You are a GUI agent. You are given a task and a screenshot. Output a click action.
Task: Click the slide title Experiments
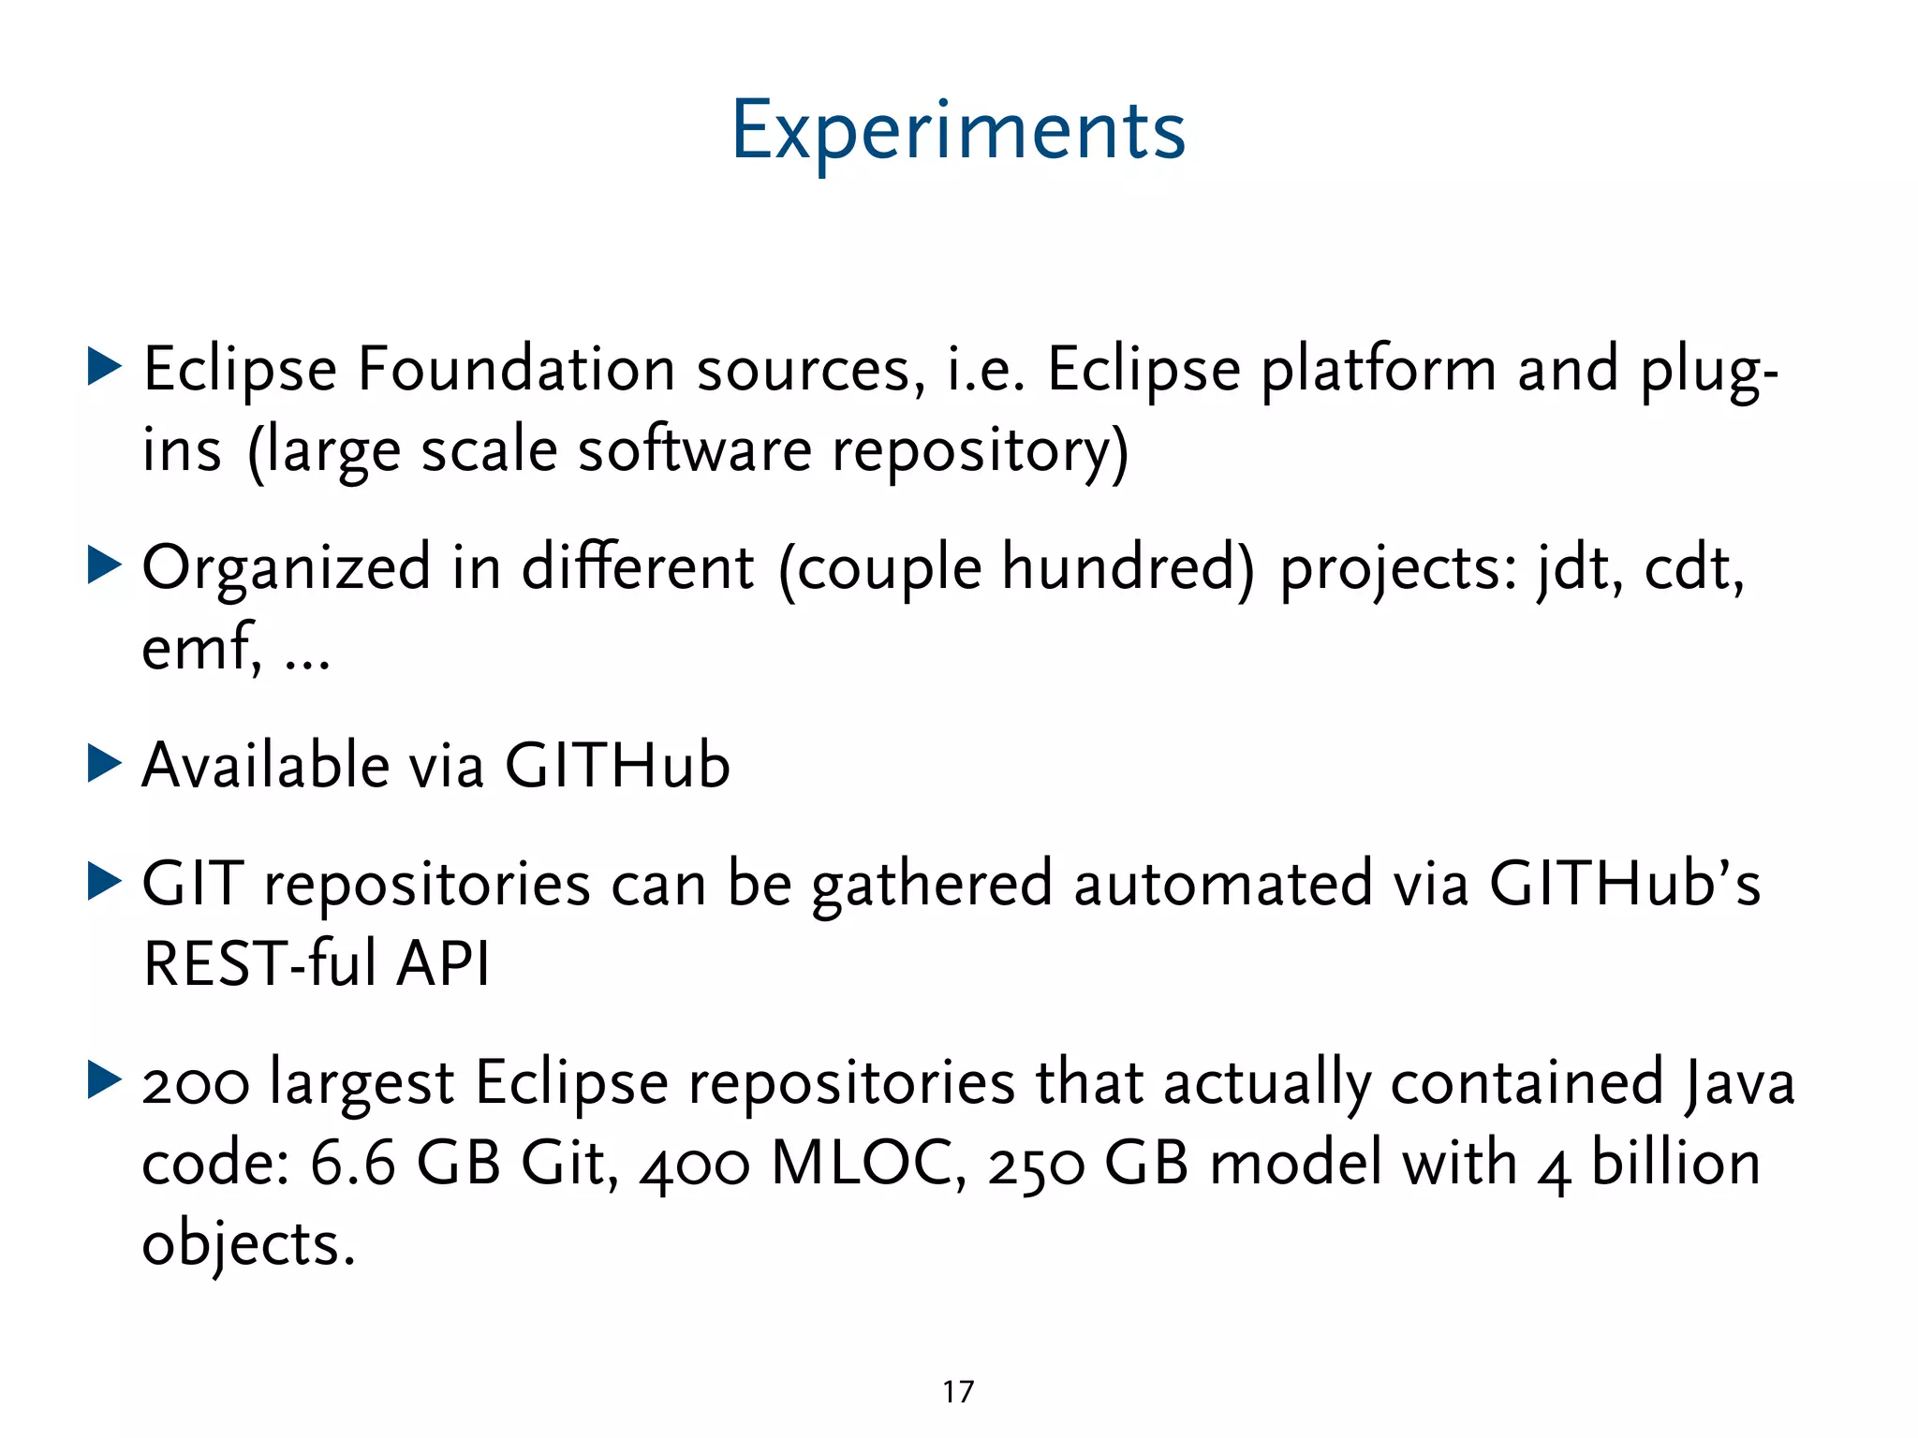click(x=958, y=131)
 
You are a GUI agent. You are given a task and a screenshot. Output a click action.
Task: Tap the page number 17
click(x=958, y=1392)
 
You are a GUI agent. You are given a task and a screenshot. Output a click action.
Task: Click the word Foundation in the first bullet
click(x=516, y=369)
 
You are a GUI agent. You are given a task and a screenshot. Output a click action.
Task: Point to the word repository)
click(x=981, y=452)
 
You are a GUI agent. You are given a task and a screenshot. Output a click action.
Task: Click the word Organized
click(x=287, y=569)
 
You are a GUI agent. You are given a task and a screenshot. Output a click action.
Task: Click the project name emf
click(x=199, y=648)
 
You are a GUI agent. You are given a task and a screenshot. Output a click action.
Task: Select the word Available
click(x=265, y=766)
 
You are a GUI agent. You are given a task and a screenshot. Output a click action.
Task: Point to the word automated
click(x=1222, y=884)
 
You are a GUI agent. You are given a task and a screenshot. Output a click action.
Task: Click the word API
click(x=442, y=964)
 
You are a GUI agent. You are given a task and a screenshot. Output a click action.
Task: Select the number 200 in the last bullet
click(x=195, y=1084)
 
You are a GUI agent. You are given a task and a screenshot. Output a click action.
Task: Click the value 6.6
click(x=352, y=1164)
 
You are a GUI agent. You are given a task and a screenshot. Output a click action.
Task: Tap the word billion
click(x=1675, y=1164)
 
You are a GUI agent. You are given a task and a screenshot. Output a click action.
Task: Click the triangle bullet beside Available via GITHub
click(x=104, y=764)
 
